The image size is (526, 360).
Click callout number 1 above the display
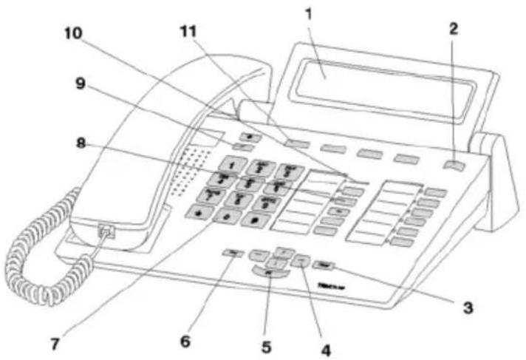310,14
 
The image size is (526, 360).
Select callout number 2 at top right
454,29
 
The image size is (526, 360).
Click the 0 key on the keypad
225,216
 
